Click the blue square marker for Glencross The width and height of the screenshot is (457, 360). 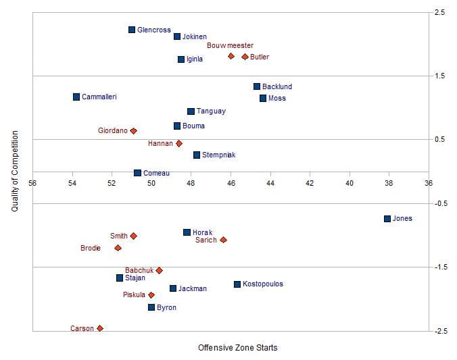pos(132,30)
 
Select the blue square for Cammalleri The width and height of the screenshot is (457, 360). pos(76,97)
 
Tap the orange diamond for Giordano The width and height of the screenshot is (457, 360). pos(133,130)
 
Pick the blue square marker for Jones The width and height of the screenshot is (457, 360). pos(387,219)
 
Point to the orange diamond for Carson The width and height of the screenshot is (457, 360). pos(99,328)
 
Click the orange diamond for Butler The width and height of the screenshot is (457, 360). pos(245,57)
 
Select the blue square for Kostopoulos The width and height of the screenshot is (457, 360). pos(237,284)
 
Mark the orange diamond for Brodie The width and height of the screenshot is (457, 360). pos(118,248)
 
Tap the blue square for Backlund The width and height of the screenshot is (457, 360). pos(257,86)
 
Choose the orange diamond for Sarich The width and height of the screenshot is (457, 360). pos(223,240)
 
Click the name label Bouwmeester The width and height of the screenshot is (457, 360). pos(230,45)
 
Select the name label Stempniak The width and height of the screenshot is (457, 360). pos(218,155)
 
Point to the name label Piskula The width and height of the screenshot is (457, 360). pos(134,295)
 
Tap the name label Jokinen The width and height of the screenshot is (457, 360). pos(195,36)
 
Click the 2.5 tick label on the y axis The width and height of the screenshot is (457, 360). pos(439,13)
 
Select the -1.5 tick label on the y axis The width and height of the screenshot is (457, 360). pos(439,267)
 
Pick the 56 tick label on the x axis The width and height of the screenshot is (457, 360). pos(32,182)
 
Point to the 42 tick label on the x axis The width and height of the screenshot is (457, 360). pos(310,182)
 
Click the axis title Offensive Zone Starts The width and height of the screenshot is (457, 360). pos(237,348)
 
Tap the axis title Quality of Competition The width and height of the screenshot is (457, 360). pos(14,172)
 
